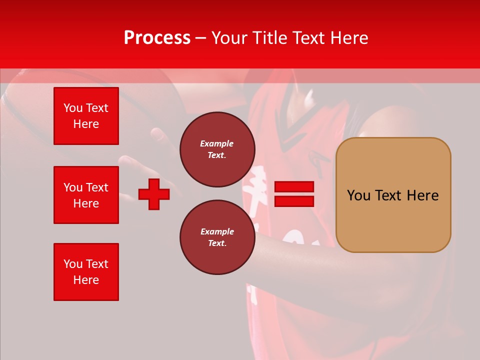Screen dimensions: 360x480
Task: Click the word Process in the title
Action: tap(157, 38)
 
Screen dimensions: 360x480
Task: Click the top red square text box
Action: tap(86, 116)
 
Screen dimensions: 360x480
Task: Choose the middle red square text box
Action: tap(86, 195)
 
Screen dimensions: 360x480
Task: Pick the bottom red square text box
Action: tap(86, 272)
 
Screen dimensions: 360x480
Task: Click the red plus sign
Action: tap(153, 194)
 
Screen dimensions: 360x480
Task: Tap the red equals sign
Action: tap(294, 194)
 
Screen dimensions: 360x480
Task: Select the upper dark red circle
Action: tap(217, 149)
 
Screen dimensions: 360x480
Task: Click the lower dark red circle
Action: tap(217, 237)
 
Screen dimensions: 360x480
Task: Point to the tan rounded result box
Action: tap(393, 194)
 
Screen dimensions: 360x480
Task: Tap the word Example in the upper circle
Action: tap(217, 143)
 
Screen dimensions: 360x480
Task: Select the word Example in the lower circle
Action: tap(217, 231)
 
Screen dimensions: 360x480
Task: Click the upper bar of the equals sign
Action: tap(294, 187)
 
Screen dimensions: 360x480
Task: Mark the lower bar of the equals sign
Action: tap(294, 201)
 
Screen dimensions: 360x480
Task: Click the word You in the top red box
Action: tap(73, 108)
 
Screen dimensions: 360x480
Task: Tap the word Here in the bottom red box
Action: tap(86, 280)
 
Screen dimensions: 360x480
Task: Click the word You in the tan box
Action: tap(358, 195)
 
